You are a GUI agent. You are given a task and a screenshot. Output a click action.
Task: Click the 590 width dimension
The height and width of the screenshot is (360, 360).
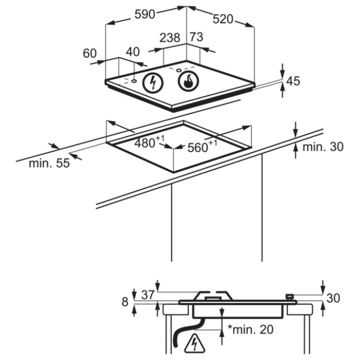[145, 14]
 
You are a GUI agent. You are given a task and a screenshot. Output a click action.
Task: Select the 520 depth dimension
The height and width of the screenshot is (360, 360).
[223, 19]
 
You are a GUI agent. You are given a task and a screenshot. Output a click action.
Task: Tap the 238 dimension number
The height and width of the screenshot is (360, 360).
[170, 38]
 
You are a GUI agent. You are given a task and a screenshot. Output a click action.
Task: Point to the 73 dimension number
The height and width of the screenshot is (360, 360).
[196, 37]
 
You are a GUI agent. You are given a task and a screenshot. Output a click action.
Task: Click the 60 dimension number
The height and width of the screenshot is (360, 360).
[90, 53]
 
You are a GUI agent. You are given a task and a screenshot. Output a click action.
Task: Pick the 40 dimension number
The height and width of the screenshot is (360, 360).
[133, 52]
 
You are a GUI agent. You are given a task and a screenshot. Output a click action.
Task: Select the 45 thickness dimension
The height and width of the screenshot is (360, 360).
[293, 81]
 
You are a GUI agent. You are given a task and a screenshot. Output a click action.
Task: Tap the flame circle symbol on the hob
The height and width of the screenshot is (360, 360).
[189, 81]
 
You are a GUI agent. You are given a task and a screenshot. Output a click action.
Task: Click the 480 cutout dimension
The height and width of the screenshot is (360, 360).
[150, 142]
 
